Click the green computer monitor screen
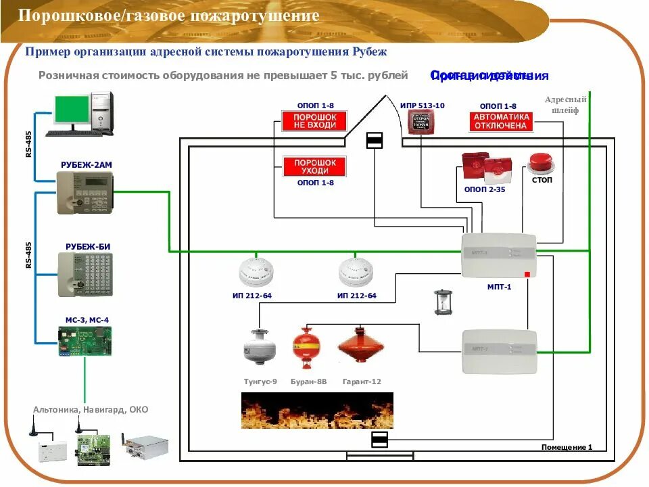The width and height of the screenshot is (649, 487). pyautogui.click(x=72, y=109)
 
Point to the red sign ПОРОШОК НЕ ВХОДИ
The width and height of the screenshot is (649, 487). pyautogui.click(x=314, y=122)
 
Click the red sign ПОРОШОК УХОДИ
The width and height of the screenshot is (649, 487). pyautogui.click(x=314, y=166)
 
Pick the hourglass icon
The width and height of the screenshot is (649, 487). pyautogui.click(x=441, y=302)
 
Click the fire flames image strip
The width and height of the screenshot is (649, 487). pyautogui.click(x=317, y=411)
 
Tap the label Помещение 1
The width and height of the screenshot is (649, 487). pyautogui.click(x=567, y=447)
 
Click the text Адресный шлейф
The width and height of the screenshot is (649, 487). pyautogui.click(x=566, y=105)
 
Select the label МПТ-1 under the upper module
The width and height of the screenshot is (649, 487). pyautogui.click(x=499, y=287)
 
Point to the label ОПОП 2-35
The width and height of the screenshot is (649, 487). pyautogui.click(x=485, y=190)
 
